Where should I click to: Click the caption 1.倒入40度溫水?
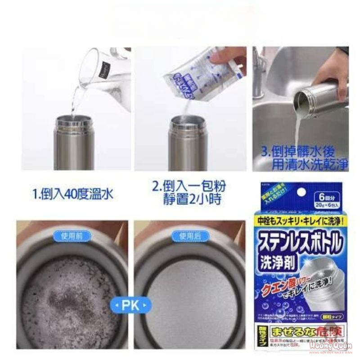click(x=72, y=195)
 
